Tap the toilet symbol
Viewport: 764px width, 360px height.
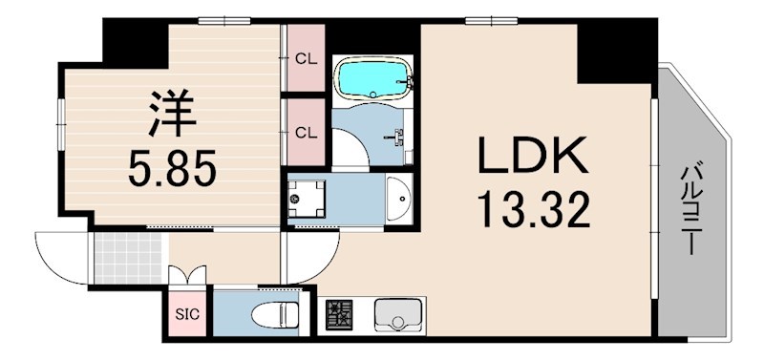tap(275, 314)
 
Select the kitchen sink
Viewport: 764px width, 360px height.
tap(397, 314)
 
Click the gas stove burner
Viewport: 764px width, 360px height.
tap(340, 314)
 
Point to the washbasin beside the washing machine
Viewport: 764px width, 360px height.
tap(398, 199)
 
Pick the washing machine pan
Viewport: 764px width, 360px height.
tap(306, 199)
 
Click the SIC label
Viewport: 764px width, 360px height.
tap(187, 315)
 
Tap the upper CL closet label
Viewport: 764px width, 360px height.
tap(307, 60)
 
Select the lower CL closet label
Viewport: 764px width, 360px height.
tap(307, 132)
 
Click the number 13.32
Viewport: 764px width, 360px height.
tap(534, 210)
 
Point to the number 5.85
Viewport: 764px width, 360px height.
tap(172, 170)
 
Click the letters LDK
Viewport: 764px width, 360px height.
tap(533, 156)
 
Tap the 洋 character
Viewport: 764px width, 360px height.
tap(172, 114)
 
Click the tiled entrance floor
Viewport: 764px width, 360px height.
tap(128, 258)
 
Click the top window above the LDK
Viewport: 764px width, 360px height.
tap(491, 20)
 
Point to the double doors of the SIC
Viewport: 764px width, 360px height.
tap(187, 276)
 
